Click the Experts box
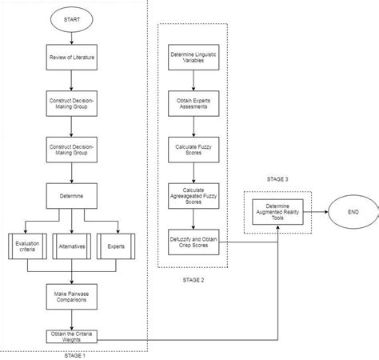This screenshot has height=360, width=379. point(117,246)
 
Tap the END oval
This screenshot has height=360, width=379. point(350,214)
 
